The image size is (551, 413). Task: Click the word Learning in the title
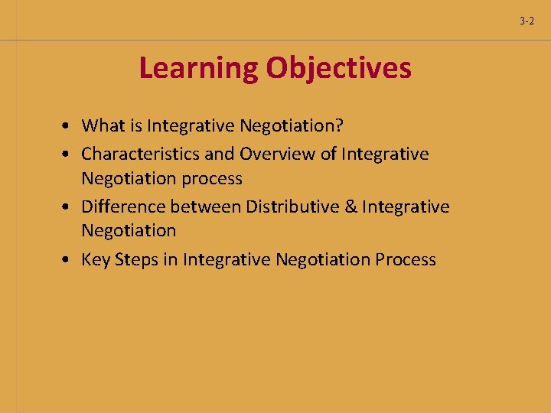click(198, 69)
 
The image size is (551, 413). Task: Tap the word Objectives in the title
click(338, 69)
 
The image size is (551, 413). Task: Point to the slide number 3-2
click(527, 21)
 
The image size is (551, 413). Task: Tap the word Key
click(96, 259)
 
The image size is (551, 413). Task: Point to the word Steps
click(135, 259)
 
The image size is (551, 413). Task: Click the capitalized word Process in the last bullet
click(406, 259)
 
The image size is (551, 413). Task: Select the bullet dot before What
click(68, 125)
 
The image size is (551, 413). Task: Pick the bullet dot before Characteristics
click(68, 154)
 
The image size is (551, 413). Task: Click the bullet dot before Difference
click(68, 207)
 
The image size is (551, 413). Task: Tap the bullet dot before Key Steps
click(68, 260)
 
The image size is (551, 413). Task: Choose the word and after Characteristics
click(220, 154)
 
